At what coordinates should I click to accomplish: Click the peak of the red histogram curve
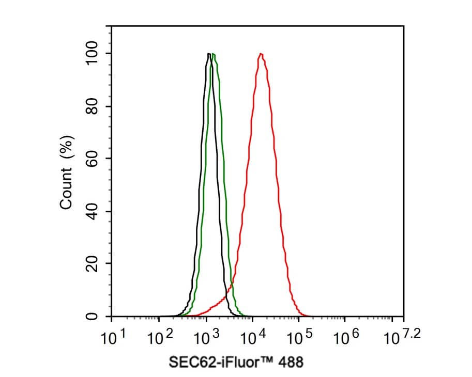point(261,54)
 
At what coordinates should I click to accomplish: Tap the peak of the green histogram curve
point(214,54)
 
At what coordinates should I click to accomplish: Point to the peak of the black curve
point(208,54)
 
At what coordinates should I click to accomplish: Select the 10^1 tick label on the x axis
point(113,339)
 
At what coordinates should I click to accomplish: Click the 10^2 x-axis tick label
point(160,339)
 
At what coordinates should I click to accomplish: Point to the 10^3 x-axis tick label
point(207,339)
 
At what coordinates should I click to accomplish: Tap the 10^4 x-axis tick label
point(253,339)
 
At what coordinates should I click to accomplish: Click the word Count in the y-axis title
point(66,191)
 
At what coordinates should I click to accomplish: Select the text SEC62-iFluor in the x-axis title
point(209,362)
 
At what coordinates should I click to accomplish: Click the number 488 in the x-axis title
point(291,362)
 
